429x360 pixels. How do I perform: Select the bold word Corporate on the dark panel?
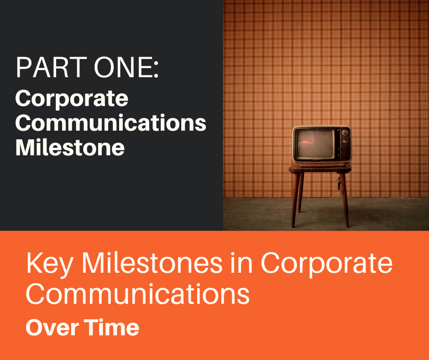point(72,99)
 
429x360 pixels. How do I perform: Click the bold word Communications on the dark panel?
point(111,123)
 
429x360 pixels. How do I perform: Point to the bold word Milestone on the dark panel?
point(70,148)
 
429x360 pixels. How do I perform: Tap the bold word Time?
point(112,328)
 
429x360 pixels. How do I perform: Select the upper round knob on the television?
point(345,133)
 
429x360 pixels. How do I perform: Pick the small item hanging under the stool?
point(339,184)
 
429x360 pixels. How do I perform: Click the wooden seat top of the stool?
point(320,169)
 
